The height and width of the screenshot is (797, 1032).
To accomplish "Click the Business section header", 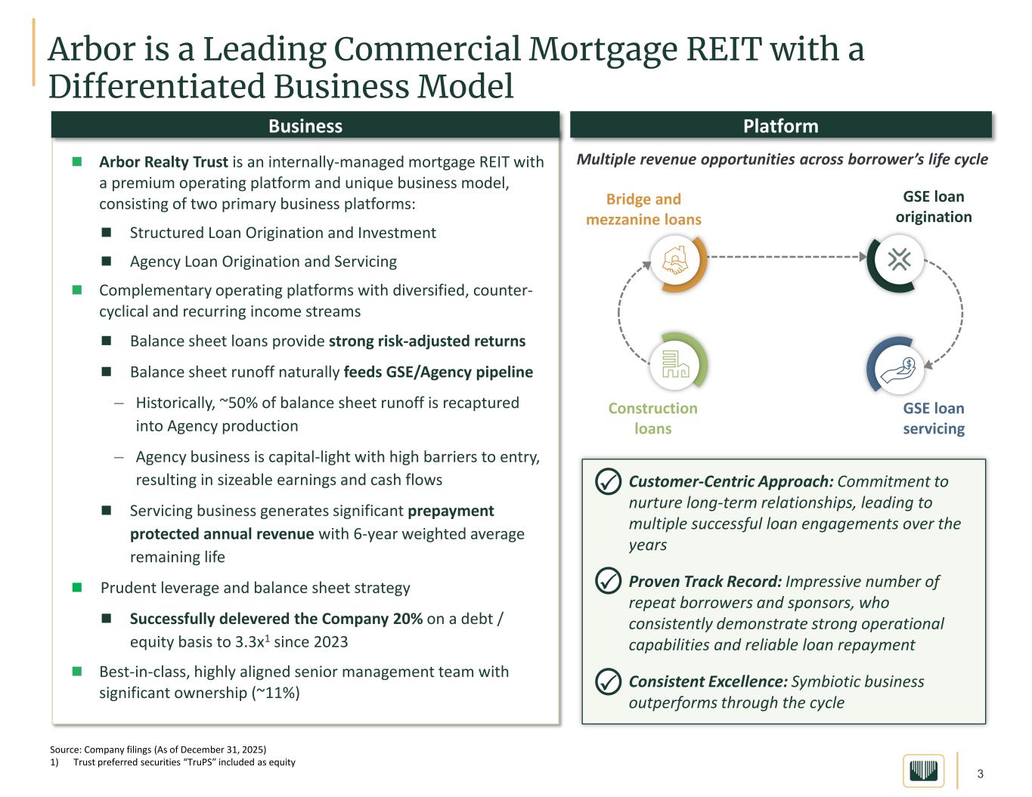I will click(x=305, y=125).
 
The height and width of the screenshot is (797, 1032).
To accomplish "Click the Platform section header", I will click(x=780, y=125).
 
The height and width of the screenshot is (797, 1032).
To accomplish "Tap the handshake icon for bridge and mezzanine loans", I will click(x=674, y=261).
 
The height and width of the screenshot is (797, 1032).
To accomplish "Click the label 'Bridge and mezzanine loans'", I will click(x=643, y=209).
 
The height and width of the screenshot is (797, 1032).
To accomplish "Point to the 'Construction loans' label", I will click(x=652, y=419).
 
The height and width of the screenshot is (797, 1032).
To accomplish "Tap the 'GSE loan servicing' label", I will click(x=934, y=419).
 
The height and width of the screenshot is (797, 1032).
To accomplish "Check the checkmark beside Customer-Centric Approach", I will click(x=608, y=482).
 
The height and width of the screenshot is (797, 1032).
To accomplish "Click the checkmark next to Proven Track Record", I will click(x=608, y=582).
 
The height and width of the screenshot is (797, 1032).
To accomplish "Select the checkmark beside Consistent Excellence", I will click(x=608, y=681).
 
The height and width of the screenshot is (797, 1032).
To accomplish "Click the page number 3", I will click(x=981, y=774).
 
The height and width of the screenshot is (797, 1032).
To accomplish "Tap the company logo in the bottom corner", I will click(x=923, y=771).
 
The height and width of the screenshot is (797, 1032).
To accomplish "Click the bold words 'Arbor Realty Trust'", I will click(x=163, y=162).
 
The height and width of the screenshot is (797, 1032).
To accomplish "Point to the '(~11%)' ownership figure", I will click(x=275, y=693).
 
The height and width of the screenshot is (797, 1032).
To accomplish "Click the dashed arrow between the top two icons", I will click(x=786, y=258).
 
